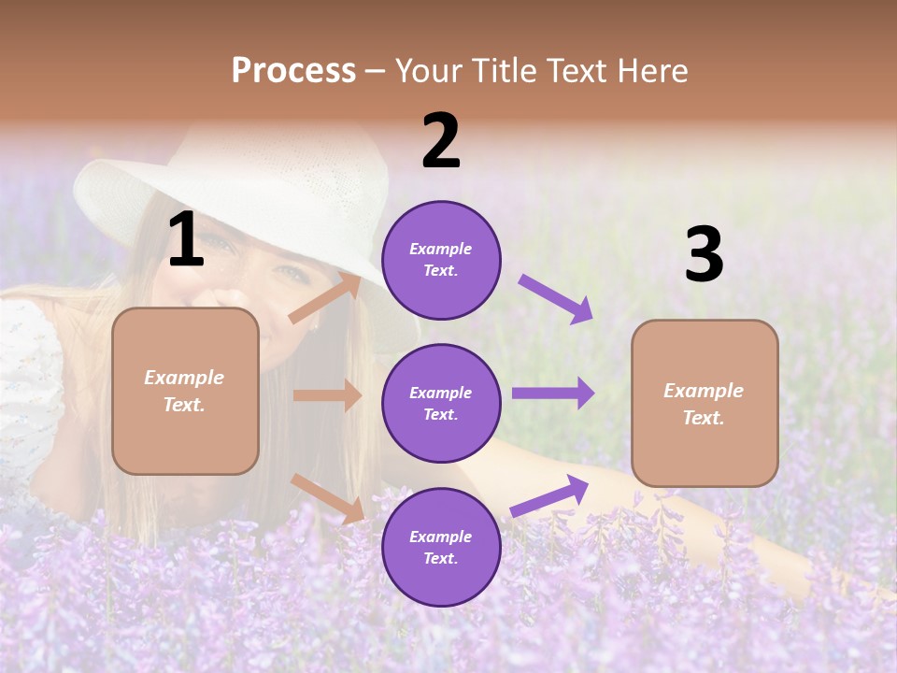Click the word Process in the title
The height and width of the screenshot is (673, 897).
click(293, 71)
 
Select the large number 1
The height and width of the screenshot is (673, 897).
click(186, 240)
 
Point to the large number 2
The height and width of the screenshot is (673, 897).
click(441, 141)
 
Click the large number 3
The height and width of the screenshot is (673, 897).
click(704, 255)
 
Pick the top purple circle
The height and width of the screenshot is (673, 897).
click(441, 260)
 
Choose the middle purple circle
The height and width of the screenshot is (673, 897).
click(441, 403)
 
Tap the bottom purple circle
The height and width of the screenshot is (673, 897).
click(441, 547)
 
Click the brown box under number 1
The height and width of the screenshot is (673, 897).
click(185, 391)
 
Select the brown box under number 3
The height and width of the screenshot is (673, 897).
click(705, 403)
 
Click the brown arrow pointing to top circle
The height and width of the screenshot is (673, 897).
click(325, 298)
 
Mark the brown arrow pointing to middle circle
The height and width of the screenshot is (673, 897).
click(327, 395)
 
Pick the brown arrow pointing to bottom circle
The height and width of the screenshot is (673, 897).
click(328, 498)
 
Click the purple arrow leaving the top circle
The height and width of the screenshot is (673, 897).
click(556, 299)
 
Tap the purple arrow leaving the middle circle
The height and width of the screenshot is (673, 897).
click(552, 394)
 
